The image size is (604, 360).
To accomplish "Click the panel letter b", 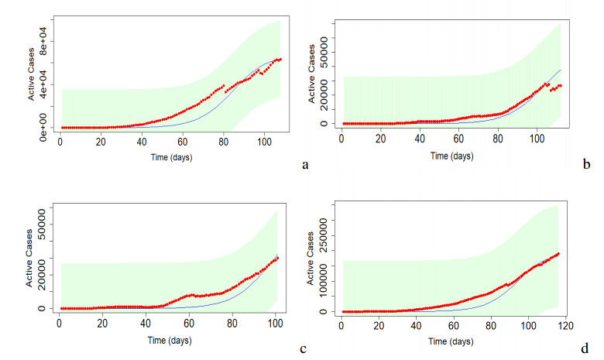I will tap(587, 164).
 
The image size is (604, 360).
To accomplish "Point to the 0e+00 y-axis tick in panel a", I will tap(44, 126).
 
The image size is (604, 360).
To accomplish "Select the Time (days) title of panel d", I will tap(452, 340).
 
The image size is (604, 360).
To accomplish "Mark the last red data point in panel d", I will tap(558, 253).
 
